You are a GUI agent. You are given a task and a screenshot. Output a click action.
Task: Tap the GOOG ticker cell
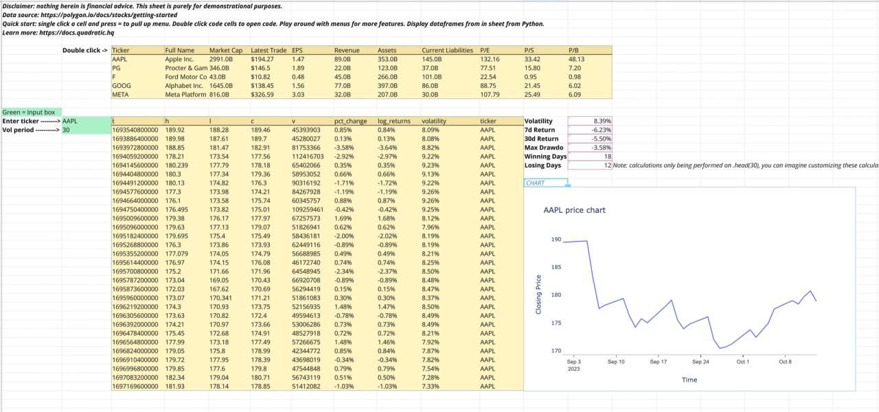coord(122,85)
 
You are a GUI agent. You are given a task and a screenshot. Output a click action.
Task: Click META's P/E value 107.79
coord(490,94)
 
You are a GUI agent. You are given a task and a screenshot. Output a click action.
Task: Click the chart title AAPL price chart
coord(574,210)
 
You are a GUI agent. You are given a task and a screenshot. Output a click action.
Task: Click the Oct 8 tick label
coord(785,361)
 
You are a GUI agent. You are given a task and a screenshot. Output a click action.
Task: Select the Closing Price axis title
coord(539,295)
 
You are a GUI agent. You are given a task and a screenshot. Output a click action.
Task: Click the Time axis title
coord(689,380)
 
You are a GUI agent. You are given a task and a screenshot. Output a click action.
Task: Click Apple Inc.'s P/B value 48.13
coord(577,59)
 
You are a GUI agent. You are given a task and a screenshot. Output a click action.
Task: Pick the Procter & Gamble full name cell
coord(185,68)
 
